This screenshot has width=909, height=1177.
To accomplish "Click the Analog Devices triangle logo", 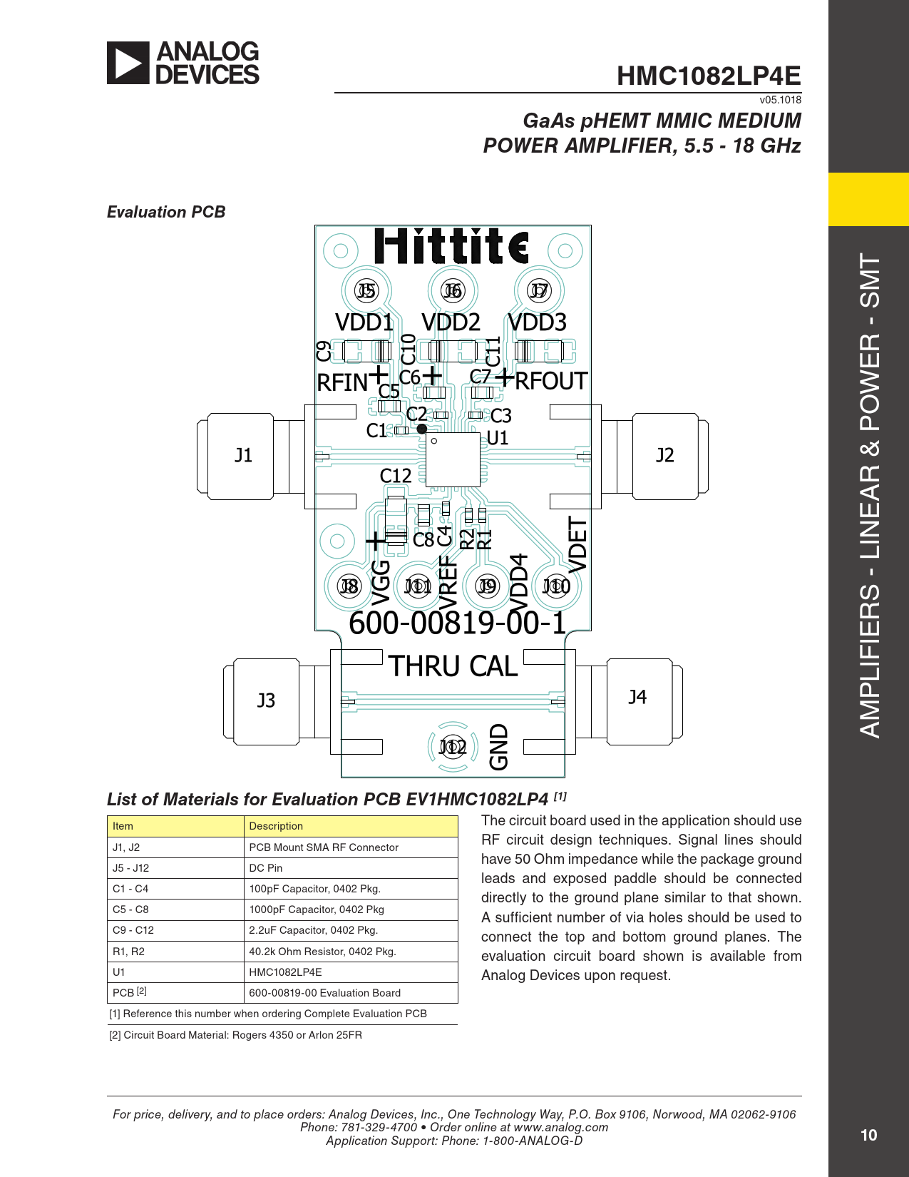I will tap(128, 63).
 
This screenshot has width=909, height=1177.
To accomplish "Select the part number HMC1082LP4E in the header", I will tap(708, 76).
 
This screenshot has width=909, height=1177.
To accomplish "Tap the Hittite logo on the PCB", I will tap(451, 246).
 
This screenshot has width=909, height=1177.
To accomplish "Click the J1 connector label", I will tap(244, 455).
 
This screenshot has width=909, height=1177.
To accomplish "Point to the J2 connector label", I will tap(664, 455).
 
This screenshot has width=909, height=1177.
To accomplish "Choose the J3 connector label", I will tap(266, 700).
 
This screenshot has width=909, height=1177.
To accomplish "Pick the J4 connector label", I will tap(637, 697).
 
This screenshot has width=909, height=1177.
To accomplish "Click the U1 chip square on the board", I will tap(453, 460).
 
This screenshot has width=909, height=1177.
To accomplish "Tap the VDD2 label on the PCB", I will tap(451, 322).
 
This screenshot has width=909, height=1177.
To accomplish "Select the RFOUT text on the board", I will tap(551, 381).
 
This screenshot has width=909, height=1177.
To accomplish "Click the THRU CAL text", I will tap(453, 666).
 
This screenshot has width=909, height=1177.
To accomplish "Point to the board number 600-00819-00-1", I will tap(457, 623).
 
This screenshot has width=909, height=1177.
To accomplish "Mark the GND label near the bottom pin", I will tap(499, 747).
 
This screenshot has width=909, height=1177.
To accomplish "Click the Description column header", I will tap(276, 826).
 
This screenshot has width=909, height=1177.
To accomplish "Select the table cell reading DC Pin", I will tap(266, 868).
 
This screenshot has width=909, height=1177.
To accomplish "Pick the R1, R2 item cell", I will tap(128, 952).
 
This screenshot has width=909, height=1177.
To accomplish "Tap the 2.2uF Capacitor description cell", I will tap(313, 930).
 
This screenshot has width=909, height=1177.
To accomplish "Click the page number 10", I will tap(868, 1135).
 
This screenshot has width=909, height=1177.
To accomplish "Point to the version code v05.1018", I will tap(780, 100).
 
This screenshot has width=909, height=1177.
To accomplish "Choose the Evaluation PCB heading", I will tap(166, 212).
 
